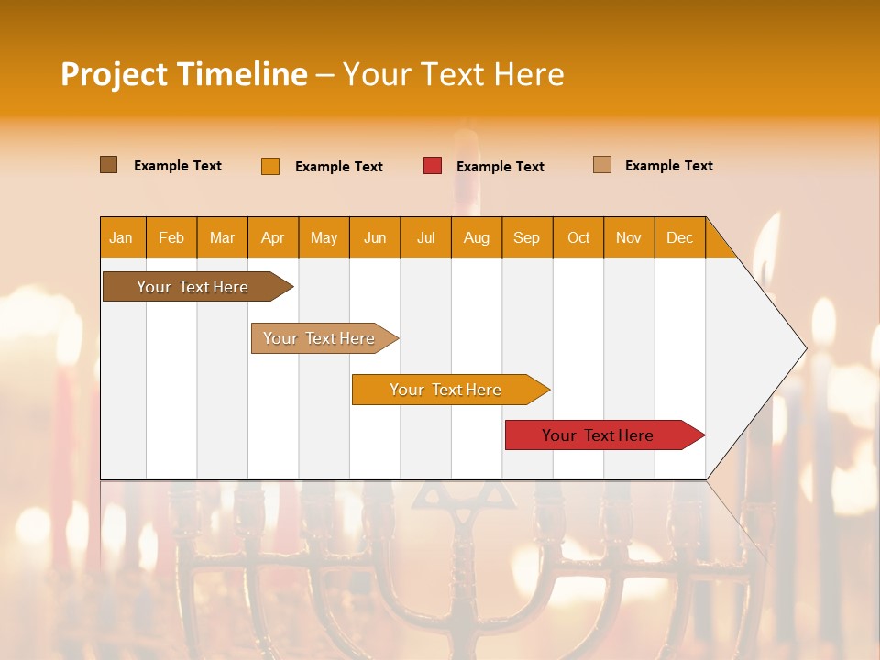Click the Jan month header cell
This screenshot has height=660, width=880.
(x=122, y=237)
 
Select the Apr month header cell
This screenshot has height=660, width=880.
(x=273, y=237)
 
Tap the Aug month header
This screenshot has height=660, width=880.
(x=477, y=237)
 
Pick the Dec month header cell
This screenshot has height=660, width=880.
(x=680, y=237)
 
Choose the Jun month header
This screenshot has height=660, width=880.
(x=375, y=237)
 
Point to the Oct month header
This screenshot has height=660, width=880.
(x=578, y=237)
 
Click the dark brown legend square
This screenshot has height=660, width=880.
(x=109, y=165)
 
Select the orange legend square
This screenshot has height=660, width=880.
(x=270, y=166)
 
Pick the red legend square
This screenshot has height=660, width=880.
(x=433, y=166)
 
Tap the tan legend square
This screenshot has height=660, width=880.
(x=602, y=165)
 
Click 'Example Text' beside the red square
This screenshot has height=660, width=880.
(x=500, y=167)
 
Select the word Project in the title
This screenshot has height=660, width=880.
(x=114, y=74)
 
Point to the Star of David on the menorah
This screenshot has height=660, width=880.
(x=464, y=496)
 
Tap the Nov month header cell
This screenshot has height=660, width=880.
(x=629, y=237)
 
